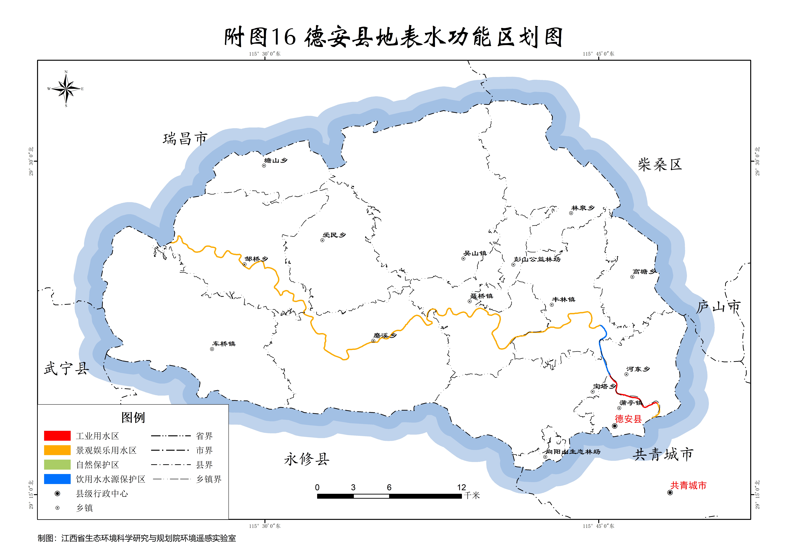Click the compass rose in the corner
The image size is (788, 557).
(66, 88)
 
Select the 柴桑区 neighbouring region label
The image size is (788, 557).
(660, 165)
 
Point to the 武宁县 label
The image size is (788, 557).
(66, 369)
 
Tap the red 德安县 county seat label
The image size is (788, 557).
(628, 419)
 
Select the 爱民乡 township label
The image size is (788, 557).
(334, 235)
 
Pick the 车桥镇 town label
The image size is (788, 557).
(224, 344)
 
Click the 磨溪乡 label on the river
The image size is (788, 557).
(385, 335)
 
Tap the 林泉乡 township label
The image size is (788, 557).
(583, 208)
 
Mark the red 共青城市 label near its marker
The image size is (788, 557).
(688, 485)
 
